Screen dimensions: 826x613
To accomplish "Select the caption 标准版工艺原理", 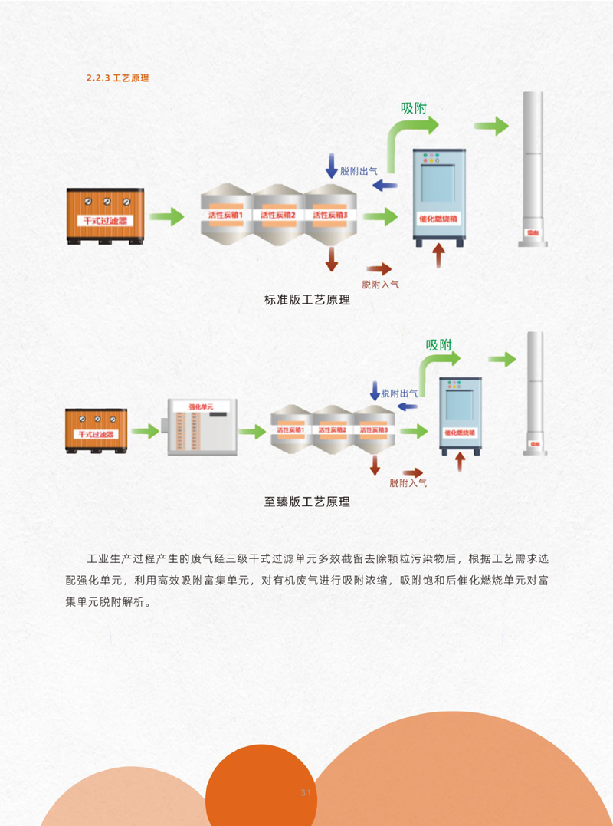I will [306, 301].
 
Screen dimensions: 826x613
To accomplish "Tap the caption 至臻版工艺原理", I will [306, 502].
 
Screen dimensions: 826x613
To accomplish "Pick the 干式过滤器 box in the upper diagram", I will [105, 217].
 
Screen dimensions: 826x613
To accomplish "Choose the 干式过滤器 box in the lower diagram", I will [97, 432].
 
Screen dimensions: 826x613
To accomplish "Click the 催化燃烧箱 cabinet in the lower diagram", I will [460, 416].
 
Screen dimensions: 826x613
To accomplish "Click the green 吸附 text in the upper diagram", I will [414, 107].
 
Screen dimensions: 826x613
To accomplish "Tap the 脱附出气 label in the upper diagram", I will [358, 171].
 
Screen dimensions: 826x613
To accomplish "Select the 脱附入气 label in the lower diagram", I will [408, 483].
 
